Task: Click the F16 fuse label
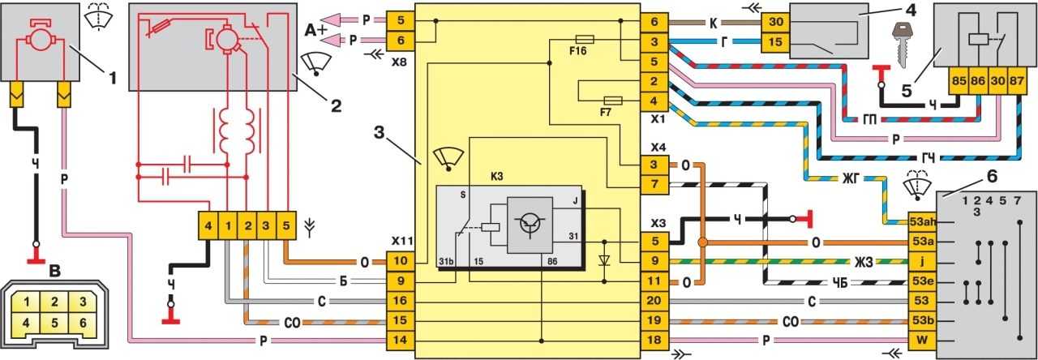tap(578, 50)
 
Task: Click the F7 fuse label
tap(605, 112)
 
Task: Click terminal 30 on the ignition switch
tap(776, 22)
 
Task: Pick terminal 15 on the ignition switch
tap(776, 42)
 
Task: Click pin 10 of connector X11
tap(400, 261)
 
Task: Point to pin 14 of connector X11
tap(400, 340)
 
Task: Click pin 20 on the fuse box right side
tap(654, 301)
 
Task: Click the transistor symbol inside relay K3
tap(530, 225)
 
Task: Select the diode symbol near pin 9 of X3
tap(604, 261)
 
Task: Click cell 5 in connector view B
tap(54, 323)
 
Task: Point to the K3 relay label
tap(496, 177)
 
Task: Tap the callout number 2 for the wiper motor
tap(336, 105)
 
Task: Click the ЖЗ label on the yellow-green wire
tap(863, 262)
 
